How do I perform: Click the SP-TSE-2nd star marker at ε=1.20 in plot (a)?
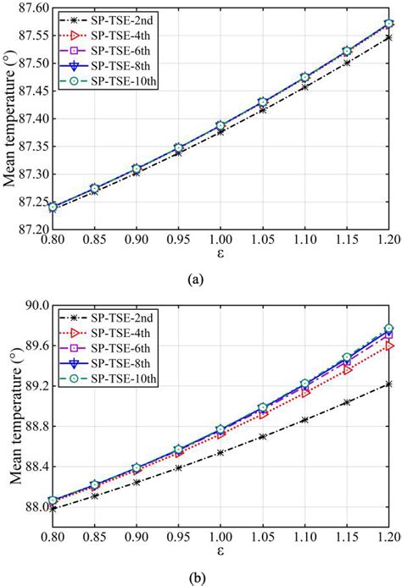coord(388,37)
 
